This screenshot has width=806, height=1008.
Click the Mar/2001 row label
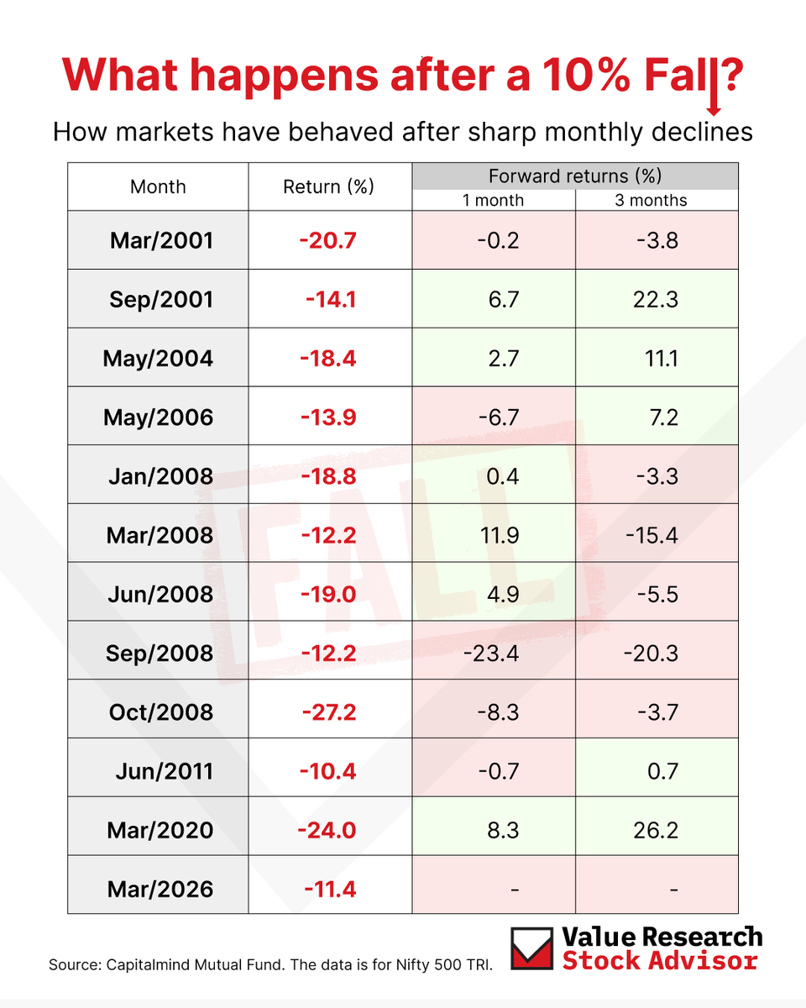click(161, 240)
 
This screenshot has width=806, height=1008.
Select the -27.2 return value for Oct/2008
click(328, 712)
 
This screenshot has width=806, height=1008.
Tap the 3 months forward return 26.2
click(656, 830)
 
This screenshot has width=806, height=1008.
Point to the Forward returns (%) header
click(575, 176)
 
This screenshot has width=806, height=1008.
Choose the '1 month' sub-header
click(494, 200)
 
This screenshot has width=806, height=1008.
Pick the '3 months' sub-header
click(656, 200)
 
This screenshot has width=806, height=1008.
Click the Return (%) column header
click(328, 186)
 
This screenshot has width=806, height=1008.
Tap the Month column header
click(158, 186)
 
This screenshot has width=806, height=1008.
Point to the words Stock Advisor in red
click(661, 960)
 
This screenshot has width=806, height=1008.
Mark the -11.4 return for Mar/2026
click(328, 889)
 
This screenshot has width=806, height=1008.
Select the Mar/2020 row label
click(160, 830)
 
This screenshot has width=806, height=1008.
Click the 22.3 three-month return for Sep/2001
click(656, 300)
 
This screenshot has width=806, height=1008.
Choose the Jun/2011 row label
click(164, 771)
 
